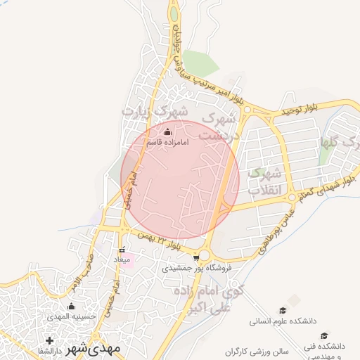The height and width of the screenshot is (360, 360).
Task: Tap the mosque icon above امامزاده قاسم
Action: (x=167, y=132)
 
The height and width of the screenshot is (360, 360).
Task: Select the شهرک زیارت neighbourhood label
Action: (x=155, y=112)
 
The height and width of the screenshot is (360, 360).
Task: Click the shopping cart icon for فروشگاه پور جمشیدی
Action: (x=186, y=257)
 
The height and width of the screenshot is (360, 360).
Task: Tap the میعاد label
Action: (x=122, y=259)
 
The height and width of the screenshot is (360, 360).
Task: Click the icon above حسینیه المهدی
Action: (x=71, y=307)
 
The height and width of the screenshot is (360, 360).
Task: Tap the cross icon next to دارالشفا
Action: (x=49, y=341)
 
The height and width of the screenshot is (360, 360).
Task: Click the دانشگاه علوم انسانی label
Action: (x=281, y=321)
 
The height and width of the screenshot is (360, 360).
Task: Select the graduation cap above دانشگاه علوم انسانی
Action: (x=283, y=310)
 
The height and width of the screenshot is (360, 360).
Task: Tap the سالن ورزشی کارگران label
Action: (x=259, y=350)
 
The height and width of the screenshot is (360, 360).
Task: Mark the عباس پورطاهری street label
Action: (x=278, y=221)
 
